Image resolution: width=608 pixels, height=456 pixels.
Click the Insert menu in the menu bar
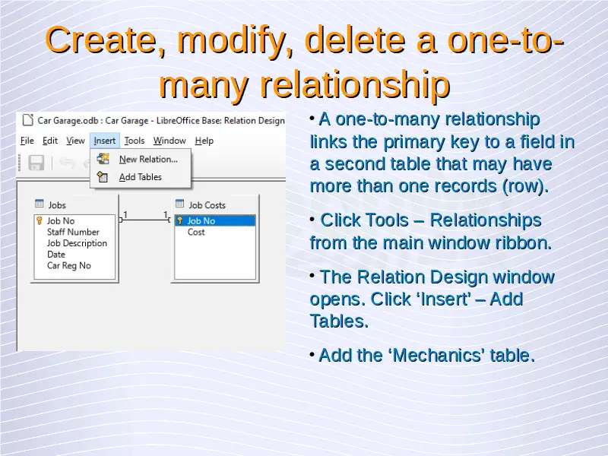[105, 141]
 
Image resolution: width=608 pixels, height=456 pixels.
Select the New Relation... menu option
[148, 159]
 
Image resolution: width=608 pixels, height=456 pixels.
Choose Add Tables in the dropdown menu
[141, 177]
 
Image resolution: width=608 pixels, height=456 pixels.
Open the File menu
[27, 141]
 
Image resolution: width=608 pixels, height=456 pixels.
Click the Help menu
[204, 141]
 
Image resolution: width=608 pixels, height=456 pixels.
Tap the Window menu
[169, 141]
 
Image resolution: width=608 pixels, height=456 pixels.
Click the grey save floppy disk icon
[36, 163]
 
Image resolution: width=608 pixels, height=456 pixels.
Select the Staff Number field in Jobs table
[73, 232]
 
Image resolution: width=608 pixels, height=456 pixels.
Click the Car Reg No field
[69, 265]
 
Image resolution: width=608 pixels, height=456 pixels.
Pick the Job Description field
[77, 243]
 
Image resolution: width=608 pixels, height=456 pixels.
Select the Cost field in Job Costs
[196, 232]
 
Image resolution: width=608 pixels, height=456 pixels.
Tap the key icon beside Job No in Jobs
[40, 220]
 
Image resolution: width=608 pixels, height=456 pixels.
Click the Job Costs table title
[207, 204]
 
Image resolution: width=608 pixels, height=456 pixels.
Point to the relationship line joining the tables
[145, 220]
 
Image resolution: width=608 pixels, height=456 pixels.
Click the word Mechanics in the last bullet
[439, 355]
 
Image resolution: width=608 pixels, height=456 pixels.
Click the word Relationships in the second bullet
[486, 220]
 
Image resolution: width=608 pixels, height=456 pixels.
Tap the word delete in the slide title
[355, 41]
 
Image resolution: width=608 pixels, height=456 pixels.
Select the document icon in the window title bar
[27, 120]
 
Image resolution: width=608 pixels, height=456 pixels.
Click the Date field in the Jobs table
[56, 255]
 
